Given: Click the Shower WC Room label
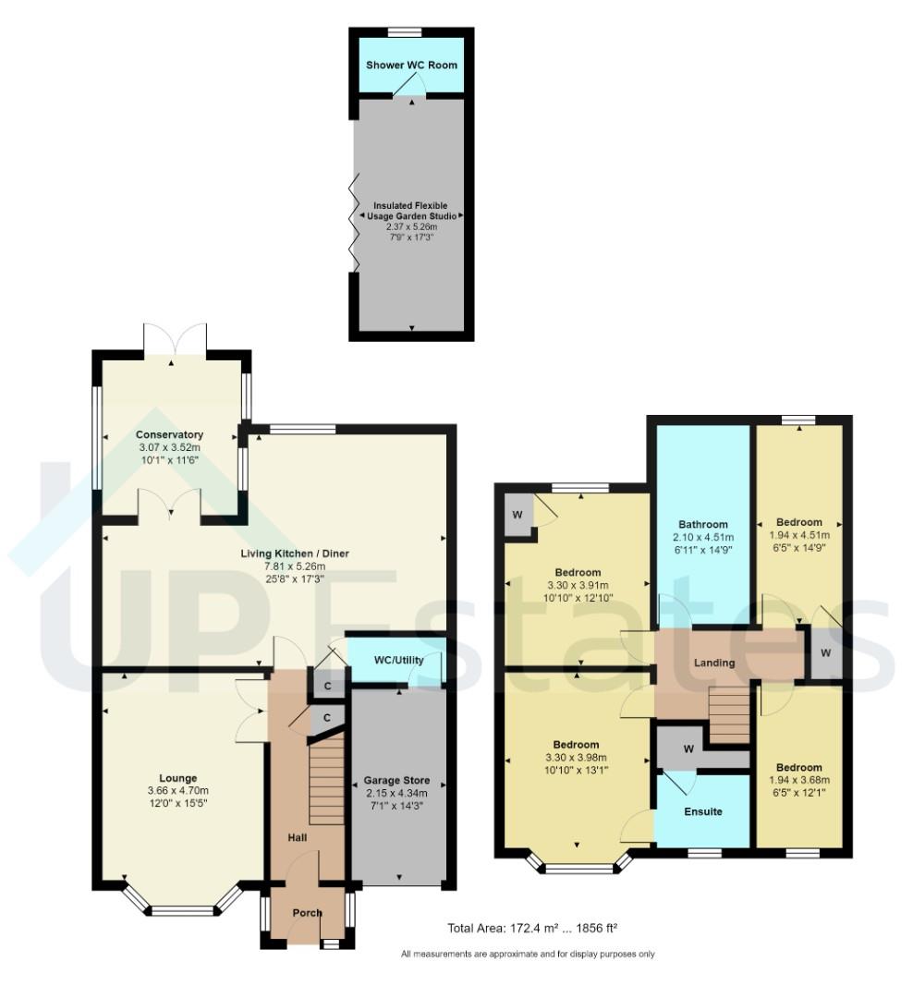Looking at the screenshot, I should [411, 65].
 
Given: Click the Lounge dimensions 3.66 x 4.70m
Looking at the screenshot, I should [177, 791].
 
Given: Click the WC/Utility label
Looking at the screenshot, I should [396, 661].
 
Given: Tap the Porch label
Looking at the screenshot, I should [307, 913].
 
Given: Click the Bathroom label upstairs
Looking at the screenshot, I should [703, 524].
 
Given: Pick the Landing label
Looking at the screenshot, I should [714, 663].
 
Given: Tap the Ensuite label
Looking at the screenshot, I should [703, 811].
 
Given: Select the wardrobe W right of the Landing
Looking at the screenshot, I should [825, 653].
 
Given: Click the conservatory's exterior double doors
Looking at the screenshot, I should [175, 338].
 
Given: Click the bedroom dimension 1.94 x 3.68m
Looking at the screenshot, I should [799, 781].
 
